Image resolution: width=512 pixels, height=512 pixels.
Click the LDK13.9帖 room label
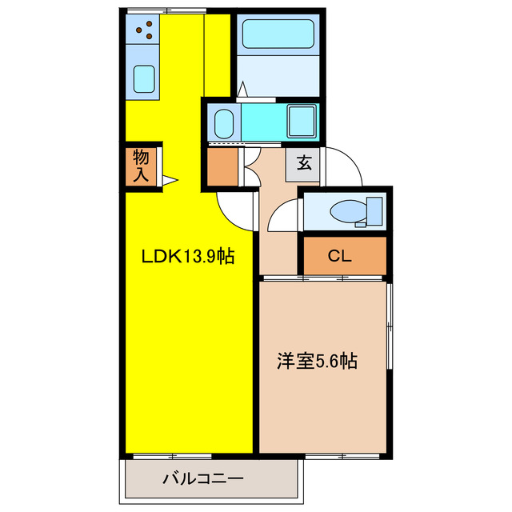(188, 257)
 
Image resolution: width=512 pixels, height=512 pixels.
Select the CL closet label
(340, 257)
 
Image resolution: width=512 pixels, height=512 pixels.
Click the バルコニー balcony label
(203, 479)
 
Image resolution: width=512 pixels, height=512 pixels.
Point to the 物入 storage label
(142, 166)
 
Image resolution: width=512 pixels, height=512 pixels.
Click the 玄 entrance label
(305, 164)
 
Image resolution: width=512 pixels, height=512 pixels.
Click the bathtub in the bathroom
(278, 33)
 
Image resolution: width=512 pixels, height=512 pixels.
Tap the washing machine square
(302, 122)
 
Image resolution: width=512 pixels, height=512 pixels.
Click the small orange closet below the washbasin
(222, 166)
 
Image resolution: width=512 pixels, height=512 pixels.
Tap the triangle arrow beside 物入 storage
(170, 180)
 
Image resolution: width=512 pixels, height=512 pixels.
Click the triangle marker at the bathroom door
(242, 90)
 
